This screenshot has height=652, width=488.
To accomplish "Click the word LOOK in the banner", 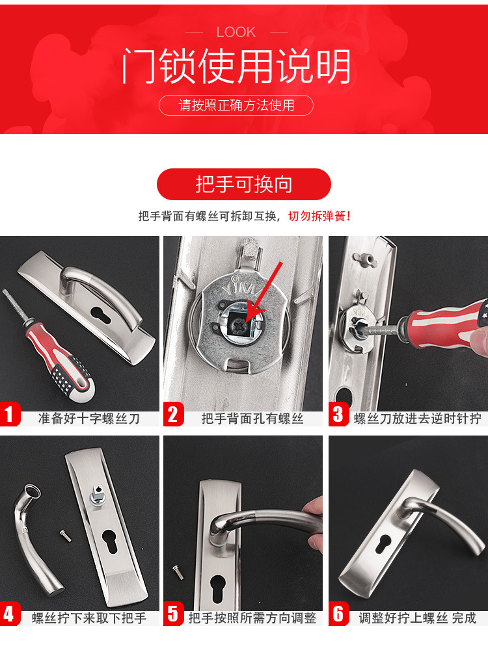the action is click(x=236, y=32).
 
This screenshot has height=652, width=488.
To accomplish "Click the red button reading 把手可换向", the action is click(x=243, y=184).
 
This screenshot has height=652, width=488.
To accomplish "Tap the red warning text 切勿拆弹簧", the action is click(x=319, y=216).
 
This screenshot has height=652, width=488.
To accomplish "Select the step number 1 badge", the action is click(x=10, y=414).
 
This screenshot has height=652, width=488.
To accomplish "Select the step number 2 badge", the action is click(x=173, y=414).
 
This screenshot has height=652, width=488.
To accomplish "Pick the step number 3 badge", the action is click(x=338, y=414).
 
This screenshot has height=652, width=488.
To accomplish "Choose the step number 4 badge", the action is click(x=10, y=614).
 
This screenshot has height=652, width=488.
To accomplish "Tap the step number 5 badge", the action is click(x=173, y=614).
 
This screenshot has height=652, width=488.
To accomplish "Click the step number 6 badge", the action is click(x=338, y=614).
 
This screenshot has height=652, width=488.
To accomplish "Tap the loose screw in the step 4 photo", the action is click(x=65, y=536).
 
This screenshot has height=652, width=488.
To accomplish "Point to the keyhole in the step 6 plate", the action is click(x=383, y=544).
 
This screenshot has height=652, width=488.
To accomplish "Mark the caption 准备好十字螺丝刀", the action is click(x=89, y=419).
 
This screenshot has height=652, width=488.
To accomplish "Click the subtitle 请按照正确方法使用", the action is click(x=236, y=105).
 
